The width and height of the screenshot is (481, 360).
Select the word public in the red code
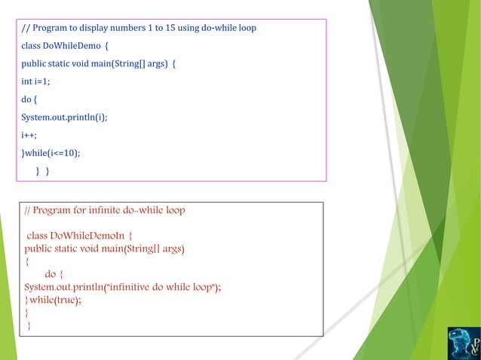tap(41, 248)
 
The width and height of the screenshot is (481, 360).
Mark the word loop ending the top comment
tap(246, 29)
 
